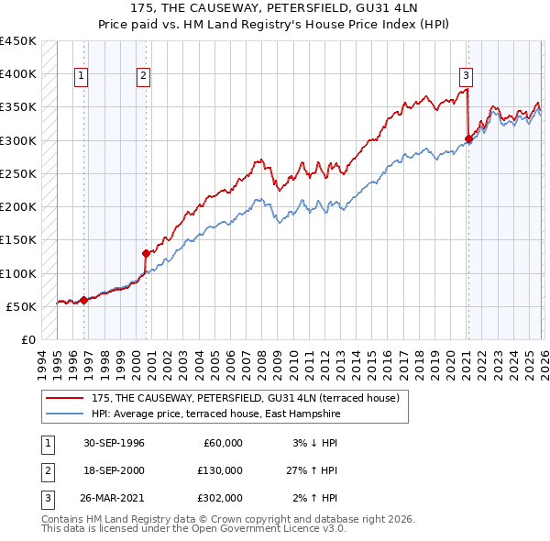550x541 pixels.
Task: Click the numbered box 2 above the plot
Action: coord(144,76)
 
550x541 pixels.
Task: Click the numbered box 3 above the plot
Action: coord(466,76)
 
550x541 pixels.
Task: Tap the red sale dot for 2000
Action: coord(146,253)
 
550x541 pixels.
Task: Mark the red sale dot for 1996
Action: coord(83,300)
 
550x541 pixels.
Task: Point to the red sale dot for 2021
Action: coord(467,139)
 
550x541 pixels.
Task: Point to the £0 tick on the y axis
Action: coord(28,340)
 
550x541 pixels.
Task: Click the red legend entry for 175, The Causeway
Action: coord(245,399)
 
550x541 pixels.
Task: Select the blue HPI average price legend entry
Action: coord(215,414)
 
